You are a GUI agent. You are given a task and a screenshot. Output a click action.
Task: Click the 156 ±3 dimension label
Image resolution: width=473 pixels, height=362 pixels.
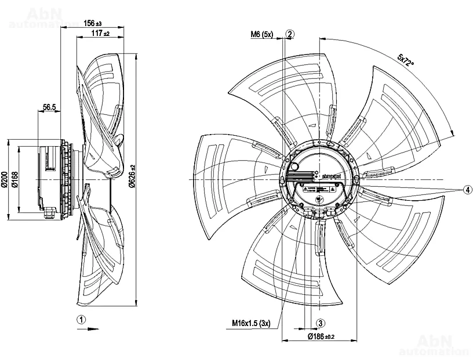click(x=93, y=23)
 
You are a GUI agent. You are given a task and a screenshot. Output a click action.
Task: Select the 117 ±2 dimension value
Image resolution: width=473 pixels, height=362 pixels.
click(x=100, y=34)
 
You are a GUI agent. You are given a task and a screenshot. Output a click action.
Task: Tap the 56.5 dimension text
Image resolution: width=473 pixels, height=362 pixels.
click(x=49, y=107)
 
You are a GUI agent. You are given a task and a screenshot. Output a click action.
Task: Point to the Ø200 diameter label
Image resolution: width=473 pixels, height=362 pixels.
click(x=5, y=180)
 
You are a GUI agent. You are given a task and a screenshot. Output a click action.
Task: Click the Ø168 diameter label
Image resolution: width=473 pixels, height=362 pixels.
click(x=16, y=180)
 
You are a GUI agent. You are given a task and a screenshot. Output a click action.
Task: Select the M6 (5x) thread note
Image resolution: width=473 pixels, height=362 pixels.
click(x=261, y=35)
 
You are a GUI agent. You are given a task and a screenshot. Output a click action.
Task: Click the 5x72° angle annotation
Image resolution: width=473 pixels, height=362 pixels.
click(x=405, y=60)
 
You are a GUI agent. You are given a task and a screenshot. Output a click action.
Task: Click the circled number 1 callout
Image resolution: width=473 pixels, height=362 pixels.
click(x=82, y=318)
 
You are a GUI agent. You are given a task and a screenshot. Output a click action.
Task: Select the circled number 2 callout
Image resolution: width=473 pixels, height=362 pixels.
click(x=290, y=34)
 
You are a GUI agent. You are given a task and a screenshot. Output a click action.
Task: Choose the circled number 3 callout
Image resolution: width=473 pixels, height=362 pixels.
click(x=319, y=323)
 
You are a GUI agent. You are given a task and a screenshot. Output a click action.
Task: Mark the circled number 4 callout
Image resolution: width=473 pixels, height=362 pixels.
click(x=467, y=190)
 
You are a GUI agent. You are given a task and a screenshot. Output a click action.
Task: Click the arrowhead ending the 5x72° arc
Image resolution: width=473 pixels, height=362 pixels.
click(x=451, y=134)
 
